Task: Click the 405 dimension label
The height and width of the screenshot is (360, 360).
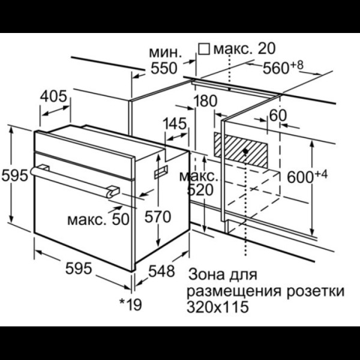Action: coord(53,96)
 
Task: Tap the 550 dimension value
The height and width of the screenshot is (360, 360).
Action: coord(164,68)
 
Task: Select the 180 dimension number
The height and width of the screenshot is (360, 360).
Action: coord(205,101)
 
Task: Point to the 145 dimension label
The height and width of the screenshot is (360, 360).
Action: coord(175,124)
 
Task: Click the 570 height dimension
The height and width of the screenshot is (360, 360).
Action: coord(158,217)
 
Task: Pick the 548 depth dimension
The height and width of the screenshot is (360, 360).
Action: coord(161,271)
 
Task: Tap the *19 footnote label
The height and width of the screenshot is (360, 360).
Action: coord(130,304)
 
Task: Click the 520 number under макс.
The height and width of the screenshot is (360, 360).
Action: coord(200,190)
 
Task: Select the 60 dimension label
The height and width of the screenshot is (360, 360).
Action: coord(278,115)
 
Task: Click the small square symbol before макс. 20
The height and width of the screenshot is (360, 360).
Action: coord(204,49)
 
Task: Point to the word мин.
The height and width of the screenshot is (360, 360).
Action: coord(166,53)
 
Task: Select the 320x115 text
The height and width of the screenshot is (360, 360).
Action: coord(218,307)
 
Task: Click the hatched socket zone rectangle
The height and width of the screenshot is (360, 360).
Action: coord(241,151)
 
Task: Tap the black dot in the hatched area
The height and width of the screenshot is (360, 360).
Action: coord(245,151)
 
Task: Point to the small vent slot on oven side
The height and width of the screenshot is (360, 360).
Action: coord(161,172)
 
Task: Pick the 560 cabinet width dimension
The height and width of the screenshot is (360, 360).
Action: coord(283,68)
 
